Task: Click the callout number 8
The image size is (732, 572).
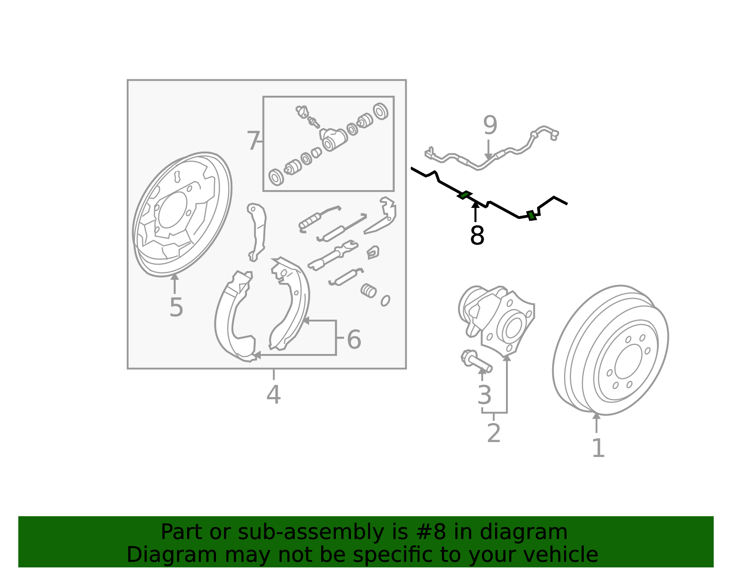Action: click(477, 235)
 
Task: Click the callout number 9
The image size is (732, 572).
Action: click(490, 125)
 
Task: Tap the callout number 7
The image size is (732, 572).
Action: click(253, 141)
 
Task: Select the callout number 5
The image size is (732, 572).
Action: click(176, 307)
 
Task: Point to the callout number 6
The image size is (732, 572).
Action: click(354, 339)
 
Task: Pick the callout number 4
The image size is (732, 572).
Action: click(274, 394)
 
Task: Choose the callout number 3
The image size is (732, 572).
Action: click(484, 395)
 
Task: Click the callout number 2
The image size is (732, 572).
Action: click(494, 433)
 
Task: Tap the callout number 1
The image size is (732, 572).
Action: click(598, 448)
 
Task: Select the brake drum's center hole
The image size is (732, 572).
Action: click(628, 361)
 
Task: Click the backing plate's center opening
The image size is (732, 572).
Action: click(172, 210)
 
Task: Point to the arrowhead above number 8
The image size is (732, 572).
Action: click(475, 205)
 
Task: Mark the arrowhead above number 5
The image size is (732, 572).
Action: click(174, 277)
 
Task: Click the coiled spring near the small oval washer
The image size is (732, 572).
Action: click(368, 290)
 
